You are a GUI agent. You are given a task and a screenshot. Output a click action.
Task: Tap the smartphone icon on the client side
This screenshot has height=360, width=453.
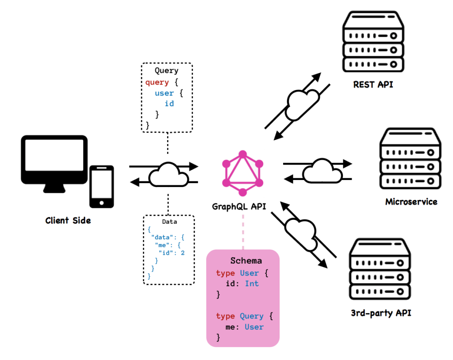[x=101, y=187]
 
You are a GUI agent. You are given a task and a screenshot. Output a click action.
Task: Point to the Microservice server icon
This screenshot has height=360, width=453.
[x=410, y=158]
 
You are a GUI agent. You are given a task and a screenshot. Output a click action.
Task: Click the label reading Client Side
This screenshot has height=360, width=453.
[x=68, y=220]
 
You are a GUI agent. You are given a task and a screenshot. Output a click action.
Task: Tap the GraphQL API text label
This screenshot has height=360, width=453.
[x=239, y=207]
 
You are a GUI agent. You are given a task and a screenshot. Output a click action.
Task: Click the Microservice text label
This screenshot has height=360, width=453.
[x=411, y=202]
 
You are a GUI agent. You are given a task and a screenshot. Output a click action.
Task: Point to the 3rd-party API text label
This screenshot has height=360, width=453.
[x=381, y=314]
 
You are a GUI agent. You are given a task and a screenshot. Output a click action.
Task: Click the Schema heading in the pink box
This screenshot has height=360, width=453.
[x=246, y=260]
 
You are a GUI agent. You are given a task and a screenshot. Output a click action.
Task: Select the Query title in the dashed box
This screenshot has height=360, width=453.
[x=166, y=71]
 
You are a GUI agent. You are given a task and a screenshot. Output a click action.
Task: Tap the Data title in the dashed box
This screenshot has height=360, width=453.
[x=169, y=222]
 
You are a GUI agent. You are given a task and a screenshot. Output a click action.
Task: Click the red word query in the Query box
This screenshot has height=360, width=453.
[x=157, y=82]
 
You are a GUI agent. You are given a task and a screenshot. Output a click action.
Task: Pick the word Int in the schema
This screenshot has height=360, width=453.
[x=252, y=283]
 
